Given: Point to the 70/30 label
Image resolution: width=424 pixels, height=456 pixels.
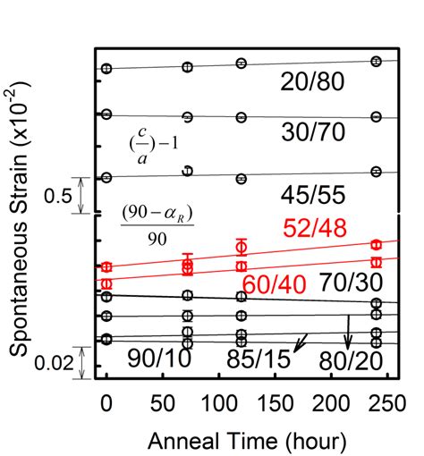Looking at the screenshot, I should pos(355,282).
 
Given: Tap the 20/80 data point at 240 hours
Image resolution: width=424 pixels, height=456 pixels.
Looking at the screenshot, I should pos(377,61).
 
